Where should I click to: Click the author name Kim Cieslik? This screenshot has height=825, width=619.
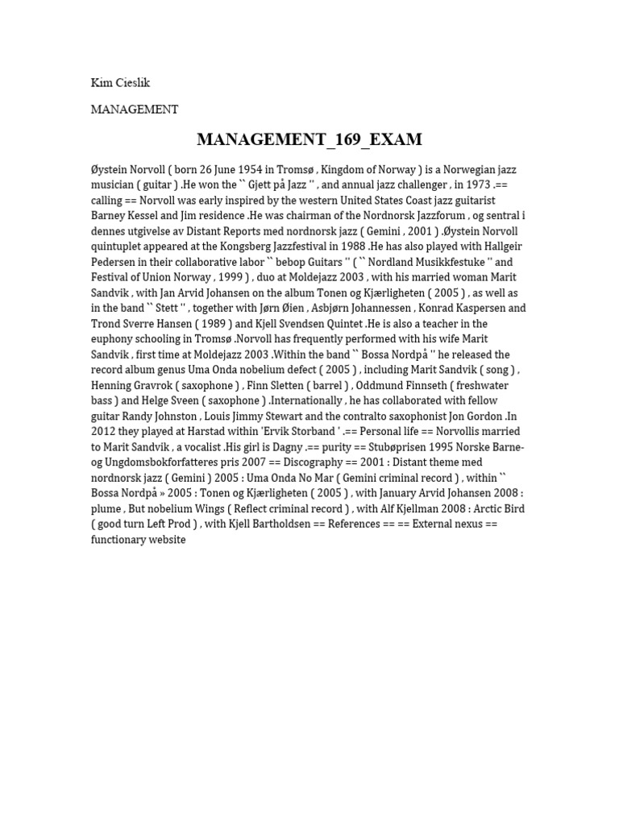point(120,83)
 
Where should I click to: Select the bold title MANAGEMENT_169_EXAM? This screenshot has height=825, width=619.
point(309,139)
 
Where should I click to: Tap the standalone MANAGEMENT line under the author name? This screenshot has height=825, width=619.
point(135,110)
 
